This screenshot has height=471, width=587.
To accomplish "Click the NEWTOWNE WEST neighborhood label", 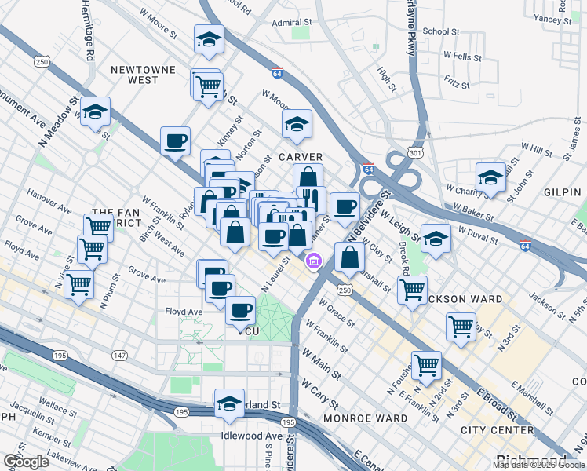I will pos(144,75).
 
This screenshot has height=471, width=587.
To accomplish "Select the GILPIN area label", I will pos(562,192).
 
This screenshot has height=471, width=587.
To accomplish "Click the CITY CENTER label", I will pos(498,430).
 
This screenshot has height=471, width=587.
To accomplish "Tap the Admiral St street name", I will pos(292,23).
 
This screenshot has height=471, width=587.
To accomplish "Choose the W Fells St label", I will pos(462,57).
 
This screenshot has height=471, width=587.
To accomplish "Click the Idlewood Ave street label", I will pos(252,436).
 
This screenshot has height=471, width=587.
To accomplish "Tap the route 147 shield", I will pos(119,356).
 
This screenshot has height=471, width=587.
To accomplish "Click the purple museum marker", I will pos(314,261).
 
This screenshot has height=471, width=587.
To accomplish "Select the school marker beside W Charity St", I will pos(490,177).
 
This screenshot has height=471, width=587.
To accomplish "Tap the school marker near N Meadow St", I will pos(95,112).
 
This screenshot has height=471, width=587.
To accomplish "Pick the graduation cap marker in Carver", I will pos(297,124).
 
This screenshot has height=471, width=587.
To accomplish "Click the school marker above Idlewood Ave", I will pos(229,403).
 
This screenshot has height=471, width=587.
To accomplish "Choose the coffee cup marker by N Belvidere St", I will pos(345,206).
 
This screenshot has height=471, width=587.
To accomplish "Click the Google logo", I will pos(26,462).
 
